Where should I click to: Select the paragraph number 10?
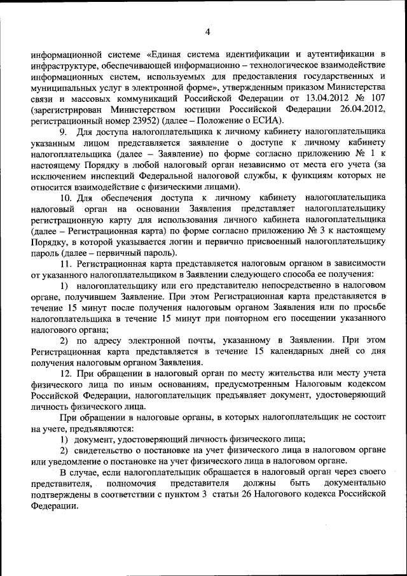click(x=66, y=198)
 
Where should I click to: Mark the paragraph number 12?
click(x=66, y=374)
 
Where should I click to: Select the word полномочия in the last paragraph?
click(x=124, y=484)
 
